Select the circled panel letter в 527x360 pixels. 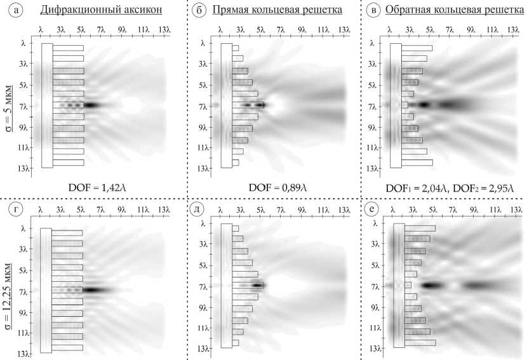[375, 11]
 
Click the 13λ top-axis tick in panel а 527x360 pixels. [164, 30]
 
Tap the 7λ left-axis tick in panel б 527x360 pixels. [203, 107]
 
